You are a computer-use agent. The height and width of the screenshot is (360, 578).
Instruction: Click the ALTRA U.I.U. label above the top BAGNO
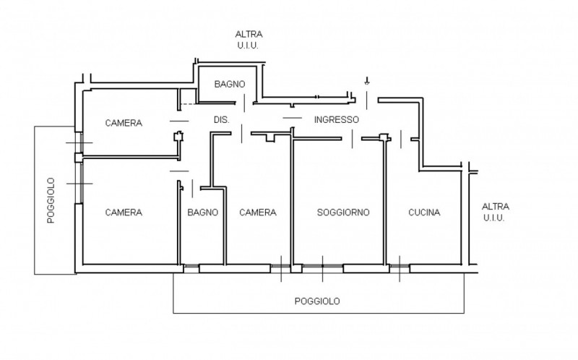pos(249,39)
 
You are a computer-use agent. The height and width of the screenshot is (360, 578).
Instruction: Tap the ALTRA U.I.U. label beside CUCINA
pos(495,211)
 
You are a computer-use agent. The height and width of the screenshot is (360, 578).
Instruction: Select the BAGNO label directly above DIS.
pos(230,84)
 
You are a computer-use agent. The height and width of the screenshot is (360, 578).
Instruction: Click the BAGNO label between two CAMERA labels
pos(202,213)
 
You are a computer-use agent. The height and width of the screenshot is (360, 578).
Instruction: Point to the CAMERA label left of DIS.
pos(124,123)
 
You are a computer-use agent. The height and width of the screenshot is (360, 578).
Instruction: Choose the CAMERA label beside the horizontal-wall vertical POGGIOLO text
pos(124,213)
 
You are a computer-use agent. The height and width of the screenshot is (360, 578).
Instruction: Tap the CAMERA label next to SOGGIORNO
pos(258,213)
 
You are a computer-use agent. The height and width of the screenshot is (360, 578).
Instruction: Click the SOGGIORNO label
pos(343,213)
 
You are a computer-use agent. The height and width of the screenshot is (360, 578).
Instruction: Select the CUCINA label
pos(424,213)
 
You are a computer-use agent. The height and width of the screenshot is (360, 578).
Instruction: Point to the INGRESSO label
pos(336,120)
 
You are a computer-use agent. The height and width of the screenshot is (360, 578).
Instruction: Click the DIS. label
pos(221,120)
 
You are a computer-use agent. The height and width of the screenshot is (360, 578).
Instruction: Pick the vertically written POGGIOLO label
pos(51,200)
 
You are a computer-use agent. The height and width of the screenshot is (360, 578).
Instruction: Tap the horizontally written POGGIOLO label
pos(318,301)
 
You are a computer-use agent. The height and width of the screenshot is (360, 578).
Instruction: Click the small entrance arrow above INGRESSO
pos(367,81)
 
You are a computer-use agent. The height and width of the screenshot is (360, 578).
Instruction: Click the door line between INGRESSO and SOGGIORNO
pos(352,137)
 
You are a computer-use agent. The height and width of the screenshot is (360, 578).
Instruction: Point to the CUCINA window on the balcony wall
pos(399,269)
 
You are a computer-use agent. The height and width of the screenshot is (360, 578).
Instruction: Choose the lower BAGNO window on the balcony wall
pos(191,269)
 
